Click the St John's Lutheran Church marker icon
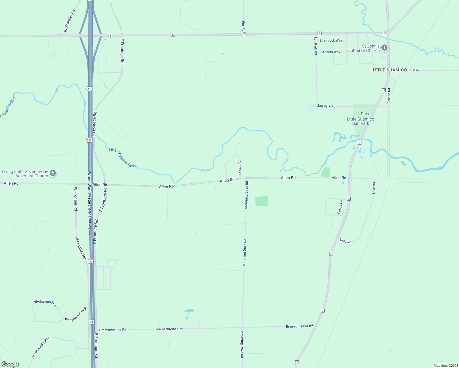coord(384,48)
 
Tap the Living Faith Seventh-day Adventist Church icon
coord(53,173)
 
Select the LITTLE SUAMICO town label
coord(388,70)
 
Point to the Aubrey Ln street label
coord(240,168)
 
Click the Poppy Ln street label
coord(340,207)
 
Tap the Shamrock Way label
coord(331,40)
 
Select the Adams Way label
coord(331,52)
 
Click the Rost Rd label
coord(414,70)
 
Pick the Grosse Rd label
coord(389,96)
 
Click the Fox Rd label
coord(243,26)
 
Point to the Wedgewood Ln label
coord(45,303)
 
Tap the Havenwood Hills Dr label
coord(42,347)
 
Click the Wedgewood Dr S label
coord(76,314)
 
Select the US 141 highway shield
coord(89,140)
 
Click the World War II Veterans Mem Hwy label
coord(90,201)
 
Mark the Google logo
coord(10,364)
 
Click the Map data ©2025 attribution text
coord(445,366)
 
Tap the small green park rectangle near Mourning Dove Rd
coord(262,201)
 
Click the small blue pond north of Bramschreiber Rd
coord(189,311)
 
